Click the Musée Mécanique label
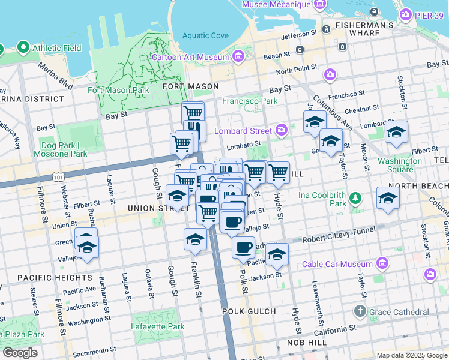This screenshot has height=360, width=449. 276,5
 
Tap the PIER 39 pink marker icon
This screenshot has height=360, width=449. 406,14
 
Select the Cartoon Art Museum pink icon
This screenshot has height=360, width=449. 238,57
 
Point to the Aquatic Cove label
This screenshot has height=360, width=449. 206,35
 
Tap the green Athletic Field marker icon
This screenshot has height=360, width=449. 23,46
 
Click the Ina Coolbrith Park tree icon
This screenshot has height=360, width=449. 355,197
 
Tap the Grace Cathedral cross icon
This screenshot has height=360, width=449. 360,311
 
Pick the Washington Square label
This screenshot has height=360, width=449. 400,165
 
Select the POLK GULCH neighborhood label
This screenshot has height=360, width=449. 249,311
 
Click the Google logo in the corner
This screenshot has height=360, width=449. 20,353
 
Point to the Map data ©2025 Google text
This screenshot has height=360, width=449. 411,355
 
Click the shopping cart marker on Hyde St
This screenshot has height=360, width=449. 278,172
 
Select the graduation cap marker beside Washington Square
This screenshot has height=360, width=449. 396,132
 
